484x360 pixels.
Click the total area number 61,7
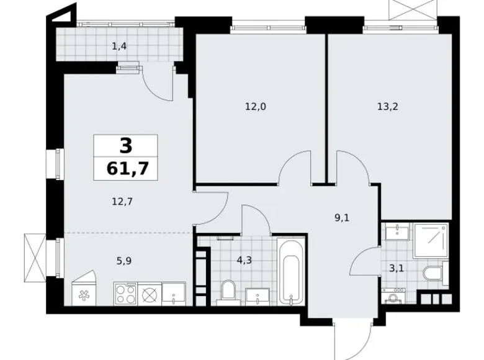(x=126, y=168)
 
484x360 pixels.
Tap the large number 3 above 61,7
(x=126, y=146)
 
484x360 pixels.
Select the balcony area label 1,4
(x=120, y=45)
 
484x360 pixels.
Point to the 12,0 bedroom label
(x=255, y=106)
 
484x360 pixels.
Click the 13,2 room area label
(x=387, y=106)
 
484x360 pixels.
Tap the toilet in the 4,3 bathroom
(x=227, y=292)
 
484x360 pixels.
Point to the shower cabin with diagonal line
(x=429, y=240)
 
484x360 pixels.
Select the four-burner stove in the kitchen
(x=125, y=294)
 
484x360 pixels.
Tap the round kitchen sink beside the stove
(x=150, y=294)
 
